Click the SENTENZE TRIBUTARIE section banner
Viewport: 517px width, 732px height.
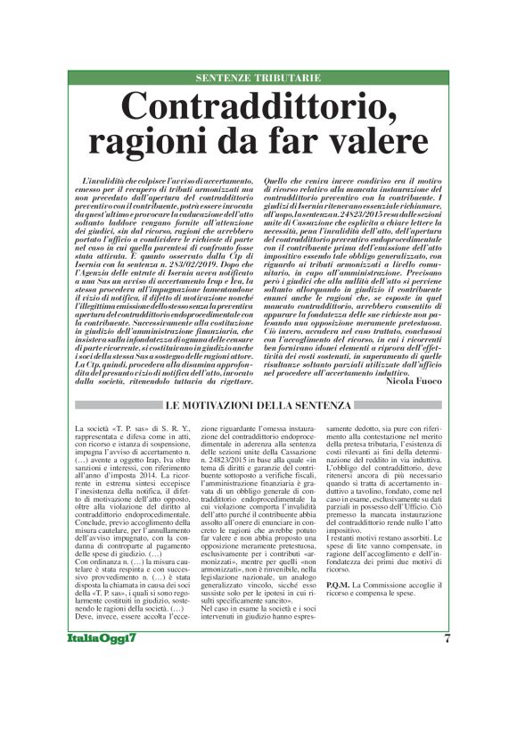(x=258, y=79)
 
